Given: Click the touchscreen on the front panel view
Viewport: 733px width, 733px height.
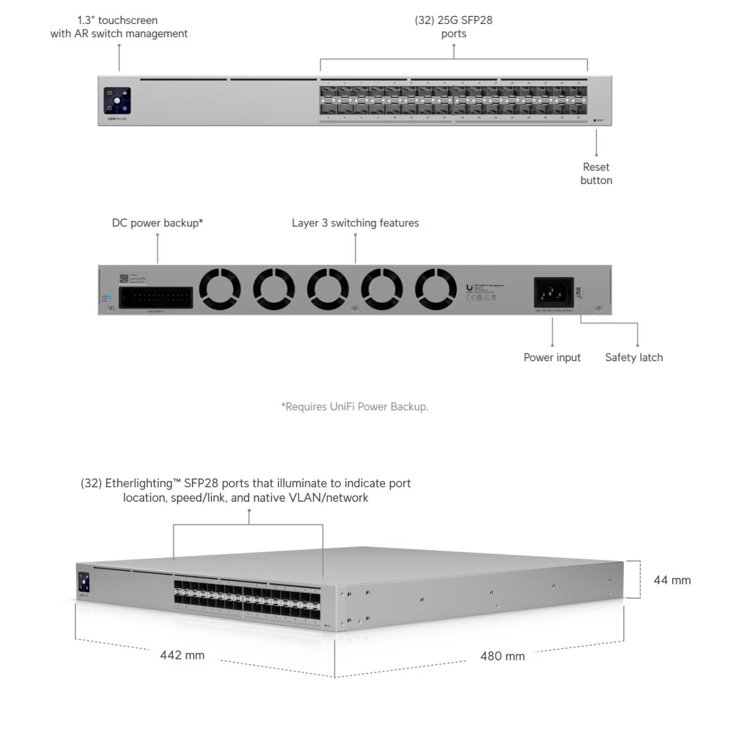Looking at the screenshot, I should [117, 101].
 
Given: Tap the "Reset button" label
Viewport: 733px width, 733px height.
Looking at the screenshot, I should [596, 174].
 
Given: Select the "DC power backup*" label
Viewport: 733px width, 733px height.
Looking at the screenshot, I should [157, 223].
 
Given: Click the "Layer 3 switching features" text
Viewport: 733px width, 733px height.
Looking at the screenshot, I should [355, 223].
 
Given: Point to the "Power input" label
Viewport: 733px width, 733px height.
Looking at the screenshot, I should [552, 357].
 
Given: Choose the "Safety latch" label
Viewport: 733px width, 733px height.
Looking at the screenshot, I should [634, 357].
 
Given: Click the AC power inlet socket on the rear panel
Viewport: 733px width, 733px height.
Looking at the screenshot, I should [553, 292].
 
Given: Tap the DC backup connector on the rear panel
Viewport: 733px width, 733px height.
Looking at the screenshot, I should [156, 298].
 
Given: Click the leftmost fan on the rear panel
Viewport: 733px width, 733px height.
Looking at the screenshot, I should [220, 289].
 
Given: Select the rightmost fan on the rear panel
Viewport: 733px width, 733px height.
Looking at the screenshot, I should [436, 289].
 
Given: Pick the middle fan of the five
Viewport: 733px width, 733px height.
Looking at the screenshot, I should [328, 289].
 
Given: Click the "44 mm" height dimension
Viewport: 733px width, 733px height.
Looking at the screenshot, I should [672, 580].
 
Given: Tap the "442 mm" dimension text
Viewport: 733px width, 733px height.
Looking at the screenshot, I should [182, 655].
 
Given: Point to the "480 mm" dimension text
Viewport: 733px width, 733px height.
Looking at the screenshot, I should [502, 656].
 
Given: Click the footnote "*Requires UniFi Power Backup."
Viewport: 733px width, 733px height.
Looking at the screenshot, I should [355, 407].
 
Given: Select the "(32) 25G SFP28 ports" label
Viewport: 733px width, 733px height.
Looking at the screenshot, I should [453, 27].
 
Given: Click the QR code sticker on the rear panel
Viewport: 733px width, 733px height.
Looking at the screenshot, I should [124, 278].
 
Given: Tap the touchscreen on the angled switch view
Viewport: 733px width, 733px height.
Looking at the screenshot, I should [84, 583].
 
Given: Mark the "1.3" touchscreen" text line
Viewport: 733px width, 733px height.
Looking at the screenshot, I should [117, 20].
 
